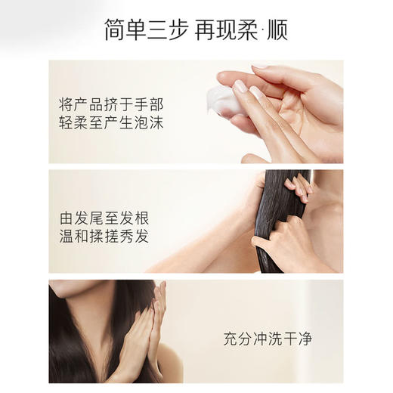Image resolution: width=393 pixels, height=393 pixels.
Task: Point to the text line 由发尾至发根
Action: (104, 218)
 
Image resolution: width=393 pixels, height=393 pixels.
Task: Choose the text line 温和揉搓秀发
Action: (104, 237)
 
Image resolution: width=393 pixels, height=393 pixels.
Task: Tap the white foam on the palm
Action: (222, 100)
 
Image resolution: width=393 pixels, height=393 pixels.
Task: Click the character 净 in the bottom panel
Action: (305, 339)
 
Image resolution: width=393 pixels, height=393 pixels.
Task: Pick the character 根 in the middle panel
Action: (140, 218)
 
